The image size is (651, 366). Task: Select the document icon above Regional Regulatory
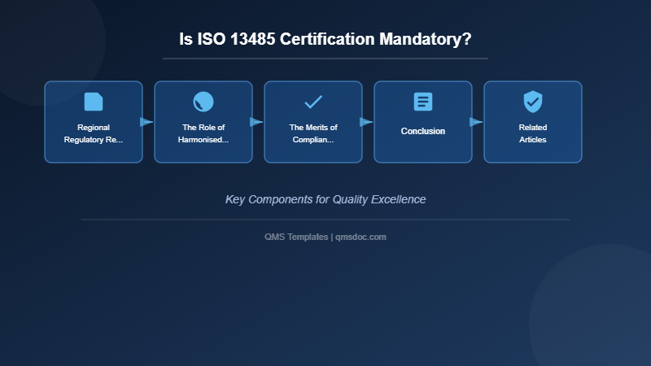(x=94, y=102)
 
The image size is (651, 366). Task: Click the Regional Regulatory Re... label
(x=94, y=133)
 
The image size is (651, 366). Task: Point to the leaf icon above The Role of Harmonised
(x=203, y=102)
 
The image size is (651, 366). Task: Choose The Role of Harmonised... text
(x=203, y=133)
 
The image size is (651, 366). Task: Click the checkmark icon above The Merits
(x=313, y=102)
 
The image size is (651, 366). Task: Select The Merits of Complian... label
(x=313, y=133)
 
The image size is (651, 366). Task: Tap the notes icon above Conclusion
(x=423, y=102)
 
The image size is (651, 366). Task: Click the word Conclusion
(x=423, y=131)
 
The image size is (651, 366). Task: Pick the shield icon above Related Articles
(x=533, y=102)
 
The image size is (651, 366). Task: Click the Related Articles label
(x=533, y=133)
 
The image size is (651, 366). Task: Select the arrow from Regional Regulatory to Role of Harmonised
(x=146, y=122)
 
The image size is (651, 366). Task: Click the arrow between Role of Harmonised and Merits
(x=256, y=122)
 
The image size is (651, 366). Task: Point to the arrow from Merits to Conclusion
(x=366, y=122)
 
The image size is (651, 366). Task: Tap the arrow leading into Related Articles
(x=476, y=122)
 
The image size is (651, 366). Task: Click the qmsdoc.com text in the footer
(x=360, y=237)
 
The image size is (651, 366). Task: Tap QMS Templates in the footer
(x=296, y=237)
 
